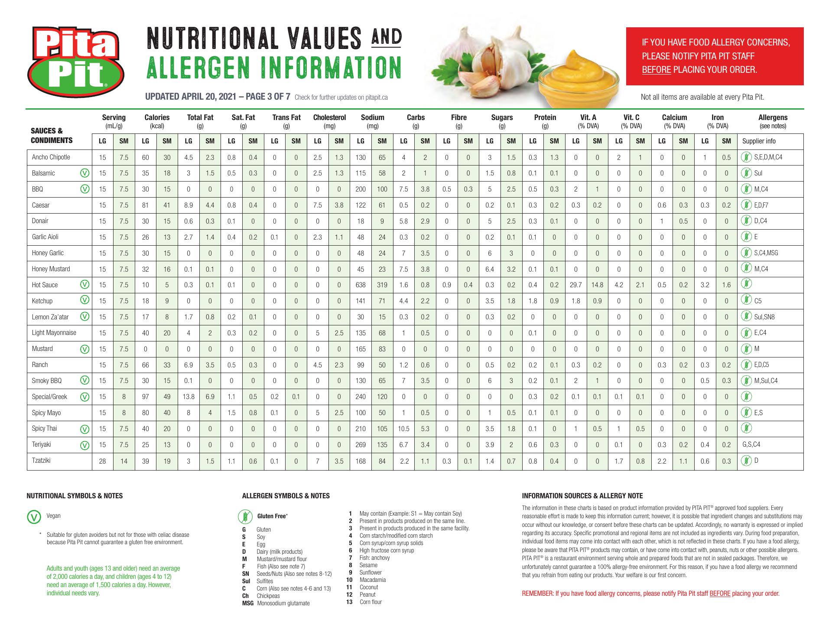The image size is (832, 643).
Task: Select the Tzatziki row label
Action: pyautogui.click(x=41, y=461)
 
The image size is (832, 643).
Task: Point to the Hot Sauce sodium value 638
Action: pyautogui.click(x=361, y=285)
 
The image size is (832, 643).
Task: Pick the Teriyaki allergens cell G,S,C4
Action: pyautogui.click(x=751, y=445)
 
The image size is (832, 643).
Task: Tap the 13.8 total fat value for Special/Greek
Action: pyautogui.click(x=188, y=397)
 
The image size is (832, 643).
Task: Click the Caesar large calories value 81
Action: pyautogui.click(x=146, y=205)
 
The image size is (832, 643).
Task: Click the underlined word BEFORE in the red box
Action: pyautogui.click(x=656, y=70)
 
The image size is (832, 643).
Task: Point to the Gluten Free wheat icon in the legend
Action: pyautogui.click(x=243, y=516)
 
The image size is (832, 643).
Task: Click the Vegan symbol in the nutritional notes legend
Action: pyautogui.click(x=33, y=516)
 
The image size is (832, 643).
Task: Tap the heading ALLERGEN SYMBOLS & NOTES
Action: pyautogui.click(x=286, y=496)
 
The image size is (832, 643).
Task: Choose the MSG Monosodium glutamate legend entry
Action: pyautogui.click(x=276, y=603)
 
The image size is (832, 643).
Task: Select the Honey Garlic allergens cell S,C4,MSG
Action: pyautogui.click(x=766, y=253)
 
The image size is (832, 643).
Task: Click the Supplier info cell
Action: pyautogui.click(x=759, y=141)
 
